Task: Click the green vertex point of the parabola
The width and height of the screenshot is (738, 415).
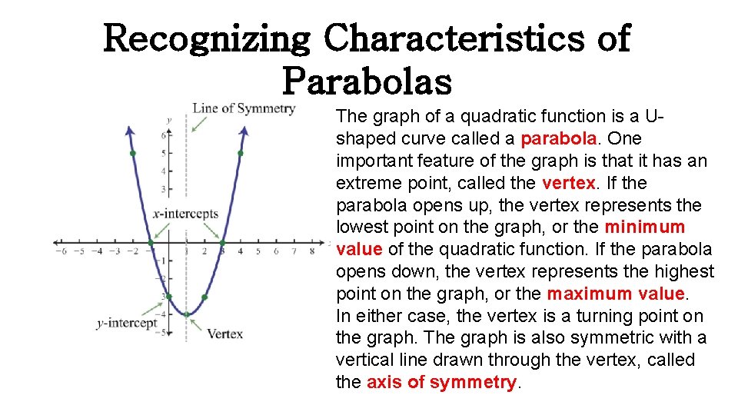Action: (186, 314)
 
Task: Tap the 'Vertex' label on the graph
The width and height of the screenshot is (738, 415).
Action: (224, 334)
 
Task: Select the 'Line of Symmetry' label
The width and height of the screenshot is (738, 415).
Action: (243, 108)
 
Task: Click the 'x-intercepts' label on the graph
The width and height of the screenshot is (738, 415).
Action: (185, 214)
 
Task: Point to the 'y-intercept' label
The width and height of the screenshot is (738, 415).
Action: (127, 323)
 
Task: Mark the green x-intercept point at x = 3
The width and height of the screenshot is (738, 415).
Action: (222, 243)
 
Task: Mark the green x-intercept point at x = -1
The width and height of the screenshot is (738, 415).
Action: (151, 243)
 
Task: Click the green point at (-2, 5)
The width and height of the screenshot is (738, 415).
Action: (132, 154)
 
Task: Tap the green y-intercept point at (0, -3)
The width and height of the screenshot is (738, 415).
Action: (169, 297)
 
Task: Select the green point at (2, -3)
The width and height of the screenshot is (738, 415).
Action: (204, 297)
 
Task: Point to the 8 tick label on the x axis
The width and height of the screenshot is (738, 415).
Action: (311, 251)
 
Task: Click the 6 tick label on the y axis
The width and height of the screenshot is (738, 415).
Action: (163, 136)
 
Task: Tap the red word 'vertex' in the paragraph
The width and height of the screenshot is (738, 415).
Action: (568, 183)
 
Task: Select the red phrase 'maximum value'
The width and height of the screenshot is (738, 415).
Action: (615, 294)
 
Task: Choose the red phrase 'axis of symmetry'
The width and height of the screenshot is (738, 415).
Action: (441, 382)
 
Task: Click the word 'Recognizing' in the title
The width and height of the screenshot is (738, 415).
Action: (208, 38)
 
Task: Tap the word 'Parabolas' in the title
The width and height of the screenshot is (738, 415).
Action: (367, 80)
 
